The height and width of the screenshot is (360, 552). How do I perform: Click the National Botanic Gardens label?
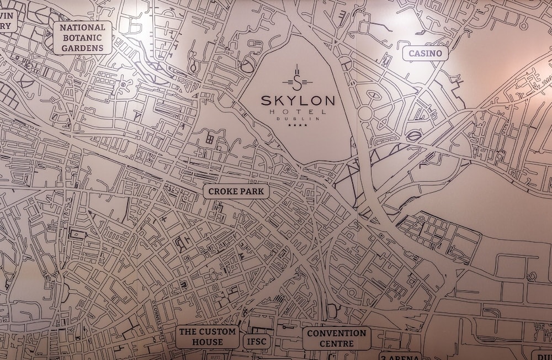click(82, 38)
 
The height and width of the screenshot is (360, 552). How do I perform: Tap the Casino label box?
click(424, 53)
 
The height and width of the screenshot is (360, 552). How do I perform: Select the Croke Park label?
click(236, 192)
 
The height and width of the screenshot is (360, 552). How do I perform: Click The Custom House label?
click(208, 337)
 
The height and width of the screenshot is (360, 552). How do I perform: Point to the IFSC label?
click(256, 342)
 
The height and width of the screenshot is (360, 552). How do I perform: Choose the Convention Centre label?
click(336, 338)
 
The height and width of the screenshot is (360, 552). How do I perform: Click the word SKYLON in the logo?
click(298, 101)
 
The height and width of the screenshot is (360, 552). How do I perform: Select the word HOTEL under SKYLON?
click(298, 112)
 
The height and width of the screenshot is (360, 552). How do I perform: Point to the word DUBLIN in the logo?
click(298, 119)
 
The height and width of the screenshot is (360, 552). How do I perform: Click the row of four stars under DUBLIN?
click(298, 126)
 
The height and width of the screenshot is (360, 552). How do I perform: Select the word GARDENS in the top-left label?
click(82, 48)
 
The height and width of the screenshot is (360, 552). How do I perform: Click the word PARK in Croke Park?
click(252, 192)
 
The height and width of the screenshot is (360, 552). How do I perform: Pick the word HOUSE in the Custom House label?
click(208, 342)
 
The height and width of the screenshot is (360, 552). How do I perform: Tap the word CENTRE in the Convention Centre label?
click(336, 343)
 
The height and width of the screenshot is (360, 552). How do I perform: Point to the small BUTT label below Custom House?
click(215, 357)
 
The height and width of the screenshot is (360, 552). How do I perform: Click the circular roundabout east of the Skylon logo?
click(365, 113)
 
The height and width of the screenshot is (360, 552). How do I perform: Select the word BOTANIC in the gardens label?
click(82, 38)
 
